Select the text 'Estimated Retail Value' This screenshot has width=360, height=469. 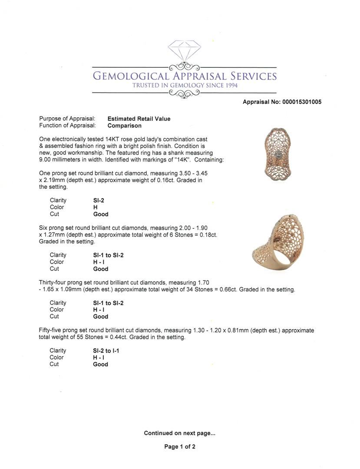tap(139, 119)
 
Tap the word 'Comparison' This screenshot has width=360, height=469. tap(124, 126)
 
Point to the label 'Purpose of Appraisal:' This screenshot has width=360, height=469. tap(67, 119)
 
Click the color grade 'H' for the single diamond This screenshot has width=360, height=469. tap(95, 207)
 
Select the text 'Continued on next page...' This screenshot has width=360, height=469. tap(179, 433)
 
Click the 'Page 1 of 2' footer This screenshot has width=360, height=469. tap(180, 446)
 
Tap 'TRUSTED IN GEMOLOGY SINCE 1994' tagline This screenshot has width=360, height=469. tap(185, 86)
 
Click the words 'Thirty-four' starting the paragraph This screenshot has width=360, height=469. tap(53, 282)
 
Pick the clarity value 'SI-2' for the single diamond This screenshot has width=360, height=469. tap(99, 200)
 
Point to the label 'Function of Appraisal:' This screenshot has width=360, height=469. tap(67, 126)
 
